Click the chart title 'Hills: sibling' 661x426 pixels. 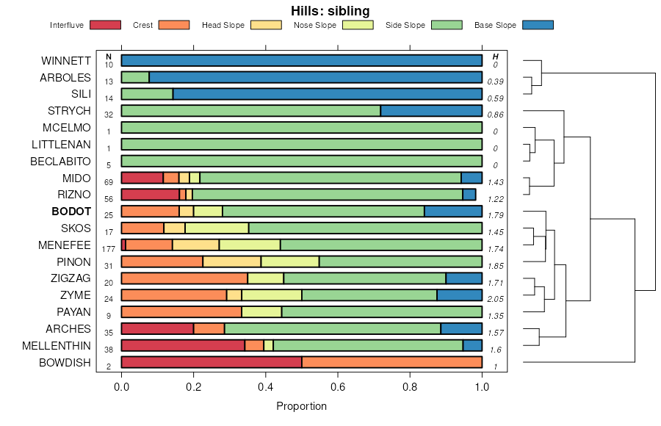330,10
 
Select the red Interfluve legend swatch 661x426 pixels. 104,26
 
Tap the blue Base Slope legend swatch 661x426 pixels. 538,26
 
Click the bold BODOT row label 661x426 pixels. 71,212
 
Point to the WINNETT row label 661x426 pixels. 66,60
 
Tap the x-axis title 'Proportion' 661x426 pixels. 301,406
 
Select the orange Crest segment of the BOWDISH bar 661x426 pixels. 391,362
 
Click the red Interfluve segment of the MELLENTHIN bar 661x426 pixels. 183,345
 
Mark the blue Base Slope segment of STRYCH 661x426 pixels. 431,111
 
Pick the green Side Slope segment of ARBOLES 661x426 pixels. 135,77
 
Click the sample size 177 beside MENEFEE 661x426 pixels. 109,249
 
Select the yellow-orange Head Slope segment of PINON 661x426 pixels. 231,261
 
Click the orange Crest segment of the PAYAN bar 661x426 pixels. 181,312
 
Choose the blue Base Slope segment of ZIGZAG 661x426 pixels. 464,278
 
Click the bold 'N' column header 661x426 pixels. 109,57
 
